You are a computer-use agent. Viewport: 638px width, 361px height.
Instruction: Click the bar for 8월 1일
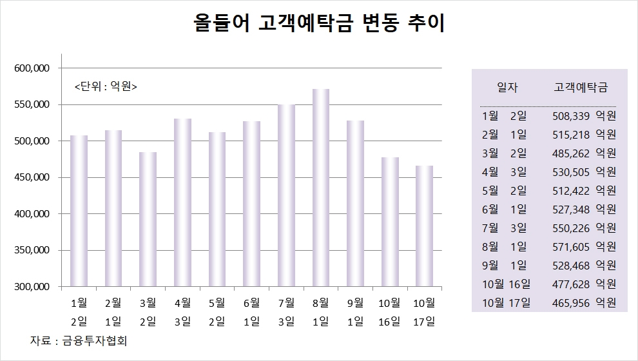pyautogui.click(x=321, y=188)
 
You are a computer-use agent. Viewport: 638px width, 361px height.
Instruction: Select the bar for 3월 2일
pyautogui.click(x=148, y=219)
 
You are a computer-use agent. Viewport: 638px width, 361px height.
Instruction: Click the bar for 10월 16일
pyautogui.click(x=390, y=222)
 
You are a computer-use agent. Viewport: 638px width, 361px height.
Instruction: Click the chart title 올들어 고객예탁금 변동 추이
pyautogui.click(x=319, y=24)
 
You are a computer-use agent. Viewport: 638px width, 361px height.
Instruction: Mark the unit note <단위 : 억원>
pyautogui.click(x=106, y=86)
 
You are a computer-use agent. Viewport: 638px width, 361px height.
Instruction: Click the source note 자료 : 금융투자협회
pyautogui.click(x=79, y=340)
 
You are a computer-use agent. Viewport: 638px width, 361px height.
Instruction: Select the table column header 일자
pyautogui.click(x=507, y=88)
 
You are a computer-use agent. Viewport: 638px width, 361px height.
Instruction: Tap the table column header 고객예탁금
pyautogui.click(x=581, y=88)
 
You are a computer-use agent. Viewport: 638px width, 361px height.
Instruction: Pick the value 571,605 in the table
pyautogui.click(x=572, y=246)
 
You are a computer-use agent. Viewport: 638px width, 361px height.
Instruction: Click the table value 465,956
pyautogui.click(x=572, y=302)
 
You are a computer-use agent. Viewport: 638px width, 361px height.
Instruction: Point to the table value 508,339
pyautogui.click(x=572, y=116)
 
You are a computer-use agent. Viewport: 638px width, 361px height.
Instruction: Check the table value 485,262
pyautogui.click(x=572, y=153)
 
